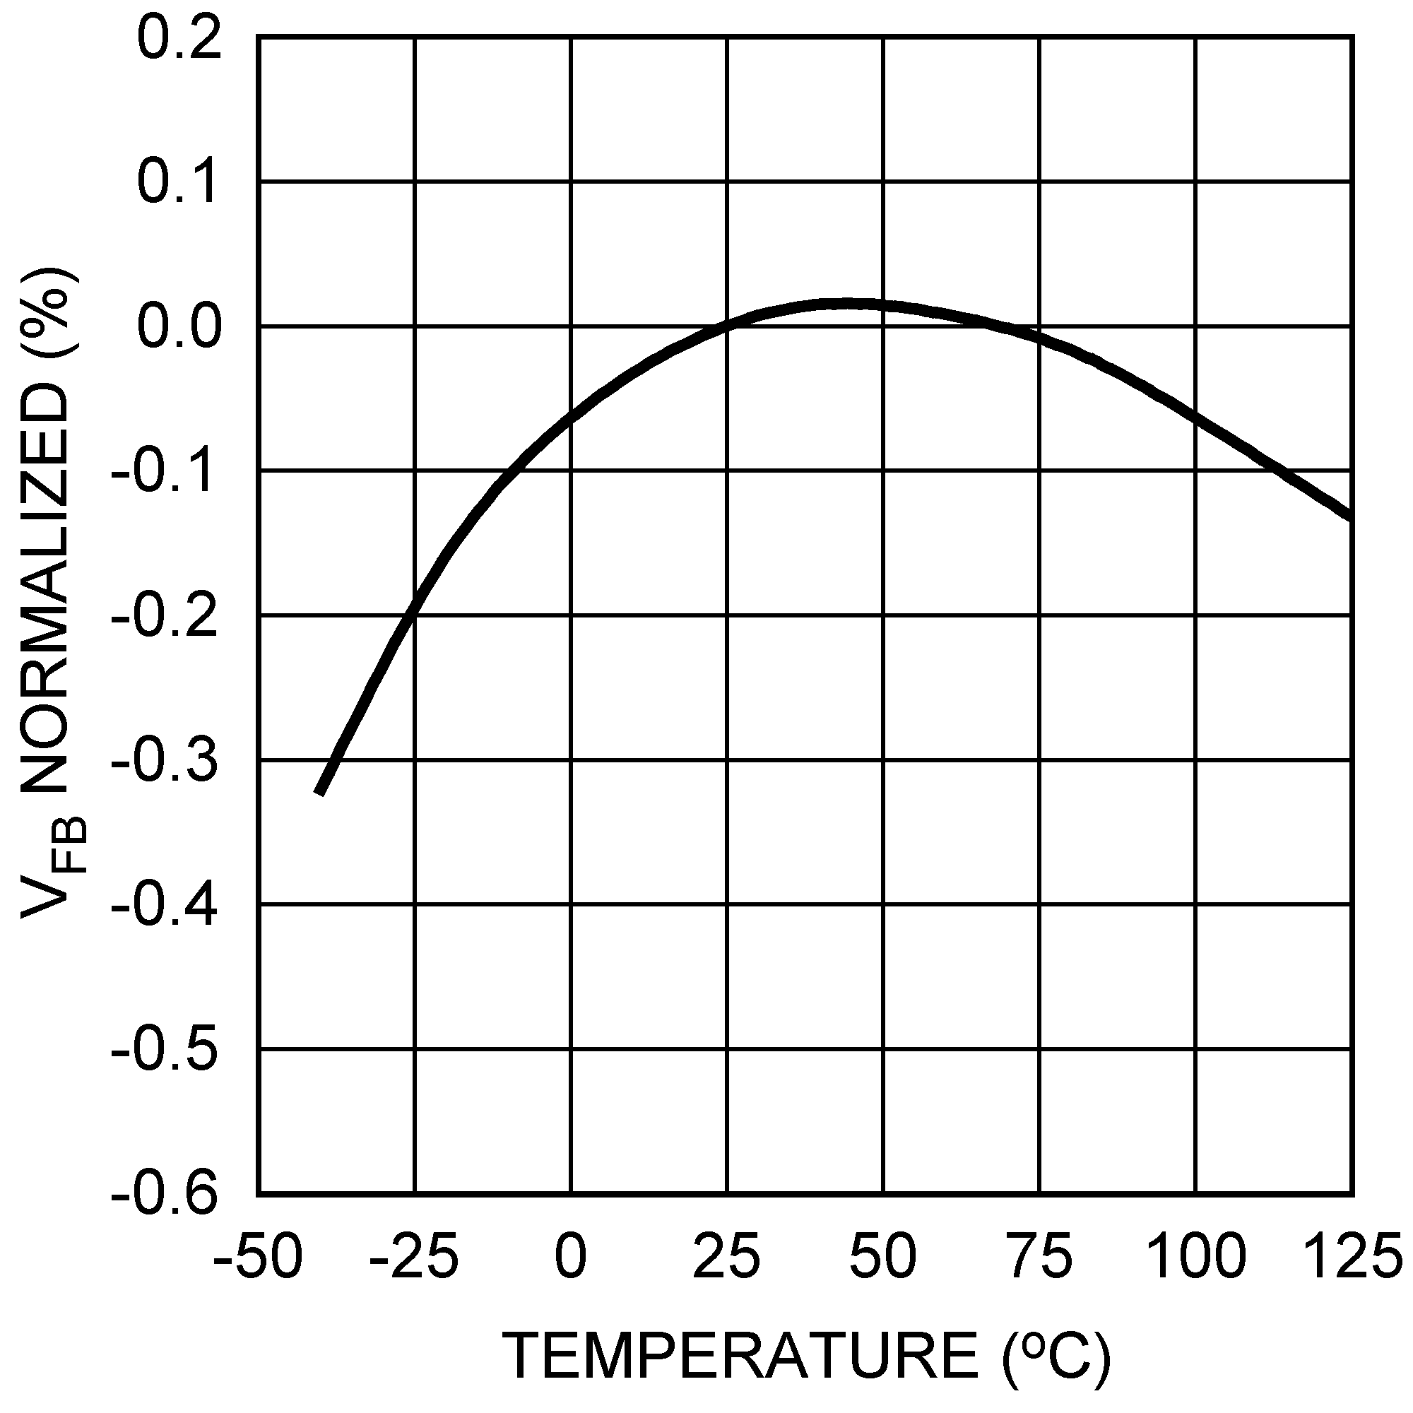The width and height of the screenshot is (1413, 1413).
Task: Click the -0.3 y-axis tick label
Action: pyautogui.click(x=165, y=761)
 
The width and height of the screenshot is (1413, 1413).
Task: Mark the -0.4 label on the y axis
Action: pyautogui.click(x=165, y=906)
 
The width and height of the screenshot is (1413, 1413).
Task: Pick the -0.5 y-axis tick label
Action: pyautogui.click(x=165, y=1051)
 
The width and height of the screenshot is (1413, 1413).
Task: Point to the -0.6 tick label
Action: pyautogui.click(x=165, y=1194)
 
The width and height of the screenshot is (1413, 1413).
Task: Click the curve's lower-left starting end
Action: pyautogui.click(x=319, y=792)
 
